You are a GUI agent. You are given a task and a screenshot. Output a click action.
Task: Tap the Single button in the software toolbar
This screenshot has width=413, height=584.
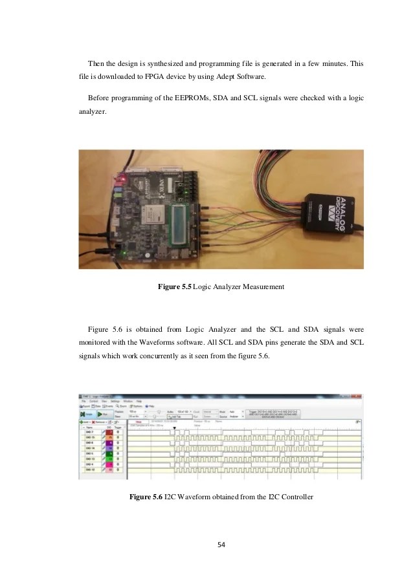coord(85,414)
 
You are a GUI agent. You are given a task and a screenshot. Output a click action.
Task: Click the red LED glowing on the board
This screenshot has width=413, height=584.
coord(121,175)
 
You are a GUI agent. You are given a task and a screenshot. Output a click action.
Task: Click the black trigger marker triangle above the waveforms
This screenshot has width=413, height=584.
coord(174,428)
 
